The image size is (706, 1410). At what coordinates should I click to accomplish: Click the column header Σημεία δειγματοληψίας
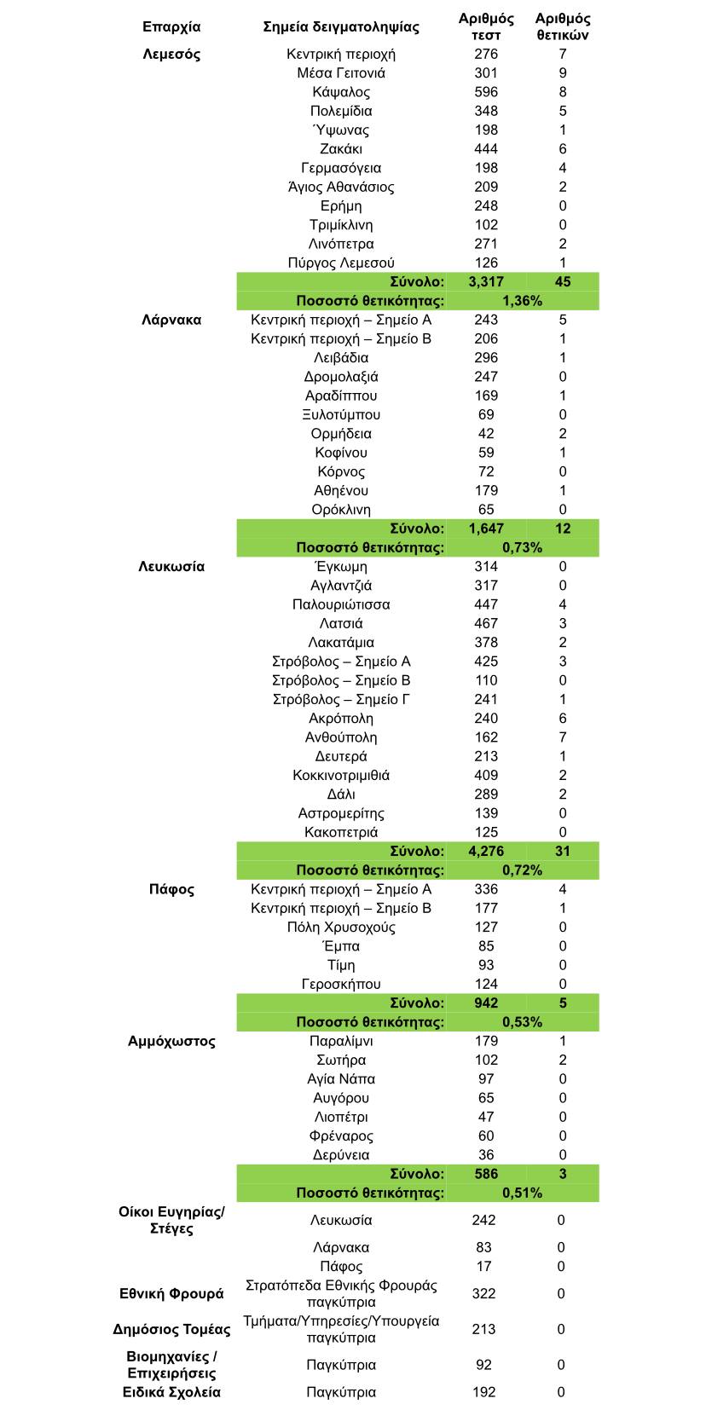tap(341, 26)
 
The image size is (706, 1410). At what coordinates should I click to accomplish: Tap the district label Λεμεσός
tap(171, 55)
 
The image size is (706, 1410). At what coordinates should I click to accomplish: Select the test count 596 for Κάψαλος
tap(486, 92)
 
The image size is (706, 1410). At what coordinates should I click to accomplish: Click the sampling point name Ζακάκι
tap(341, 149)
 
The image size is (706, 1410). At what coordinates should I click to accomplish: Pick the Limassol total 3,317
tap(486, 282)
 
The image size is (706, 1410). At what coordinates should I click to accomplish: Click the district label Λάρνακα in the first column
tap(171, 321)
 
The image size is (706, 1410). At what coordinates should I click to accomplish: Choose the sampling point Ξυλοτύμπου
tap(341, 415)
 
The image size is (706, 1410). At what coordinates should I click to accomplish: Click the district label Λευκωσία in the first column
tap(171, 567)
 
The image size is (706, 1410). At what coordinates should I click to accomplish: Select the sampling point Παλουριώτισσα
tap(341, 605)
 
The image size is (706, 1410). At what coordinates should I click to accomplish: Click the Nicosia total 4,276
tap(486, 851)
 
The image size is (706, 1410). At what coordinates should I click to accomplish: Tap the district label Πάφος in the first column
tap(171, 890)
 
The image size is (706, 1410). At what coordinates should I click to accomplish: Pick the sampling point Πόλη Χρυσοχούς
tap(341, 927)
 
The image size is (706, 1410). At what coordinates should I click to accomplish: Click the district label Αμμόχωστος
tap(171, 1042)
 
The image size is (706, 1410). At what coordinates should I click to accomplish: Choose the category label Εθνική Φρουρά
tap(171, 1294)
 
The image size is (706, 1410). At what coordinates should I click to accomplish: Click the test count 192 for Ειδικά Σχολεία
tap(483, 1392)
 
